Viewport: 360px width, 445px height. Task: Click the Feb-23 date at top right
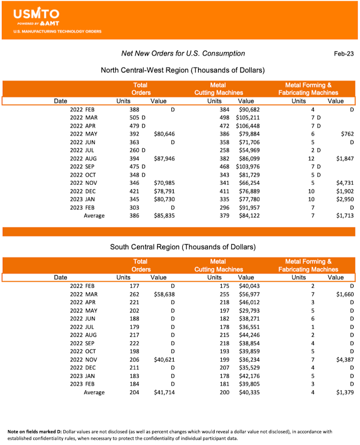pos(343,54)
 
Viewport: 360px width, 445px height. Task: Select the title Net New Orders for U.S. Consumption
pos(183,54)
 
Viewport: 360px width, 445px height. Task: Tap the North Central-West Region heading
pos(182,70)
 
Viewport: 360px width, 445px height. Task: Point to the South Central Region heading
pos(183,247)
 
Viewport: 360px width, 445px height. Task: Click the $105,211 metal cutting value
pos(247,118)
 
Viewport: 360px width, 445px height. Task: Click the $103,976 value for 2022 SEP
pos(247,167)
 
